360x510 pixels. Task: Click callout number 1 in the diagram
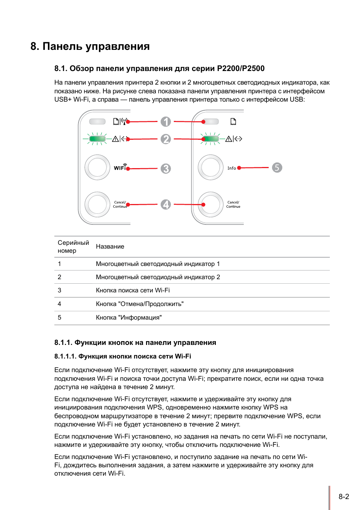(x=166, y=122)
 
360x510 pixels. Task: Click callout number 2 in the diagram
(x=166, y=139)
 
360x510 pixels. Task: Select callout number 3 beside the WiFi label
(x=166, y=168)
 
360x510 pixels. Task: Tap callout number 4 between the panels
(x=166, y=204)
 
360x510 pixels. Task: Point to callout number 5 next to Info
(x=277, y=168)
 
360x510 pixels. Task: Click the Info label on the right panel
(x=232, y=168)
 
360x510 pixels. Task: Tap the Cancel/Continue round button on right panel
(x=211, y=204)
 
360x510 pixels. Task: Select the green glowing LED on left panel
(x=97, y=139)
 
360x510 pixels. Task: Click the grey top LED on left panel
(x=97, y=122)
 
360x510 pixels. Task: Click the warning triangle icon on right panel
(x=229, y=139)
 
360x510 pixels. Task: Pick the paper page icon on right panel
(x=233, y=121)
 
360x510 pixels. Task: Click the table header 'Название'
(x=110, y=247)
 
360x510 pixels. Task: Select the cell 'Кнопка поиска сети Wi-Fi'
(x=132, y=291)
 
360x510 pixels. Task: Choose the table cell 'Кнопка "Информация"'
(x=129, y=318)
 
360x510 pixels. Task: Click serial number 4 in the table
(x=59, y=304)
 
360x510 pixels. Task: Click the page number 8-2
(x=344, y=497)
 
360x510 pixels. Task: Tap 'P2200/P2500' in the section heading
(x=241, y=68)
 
